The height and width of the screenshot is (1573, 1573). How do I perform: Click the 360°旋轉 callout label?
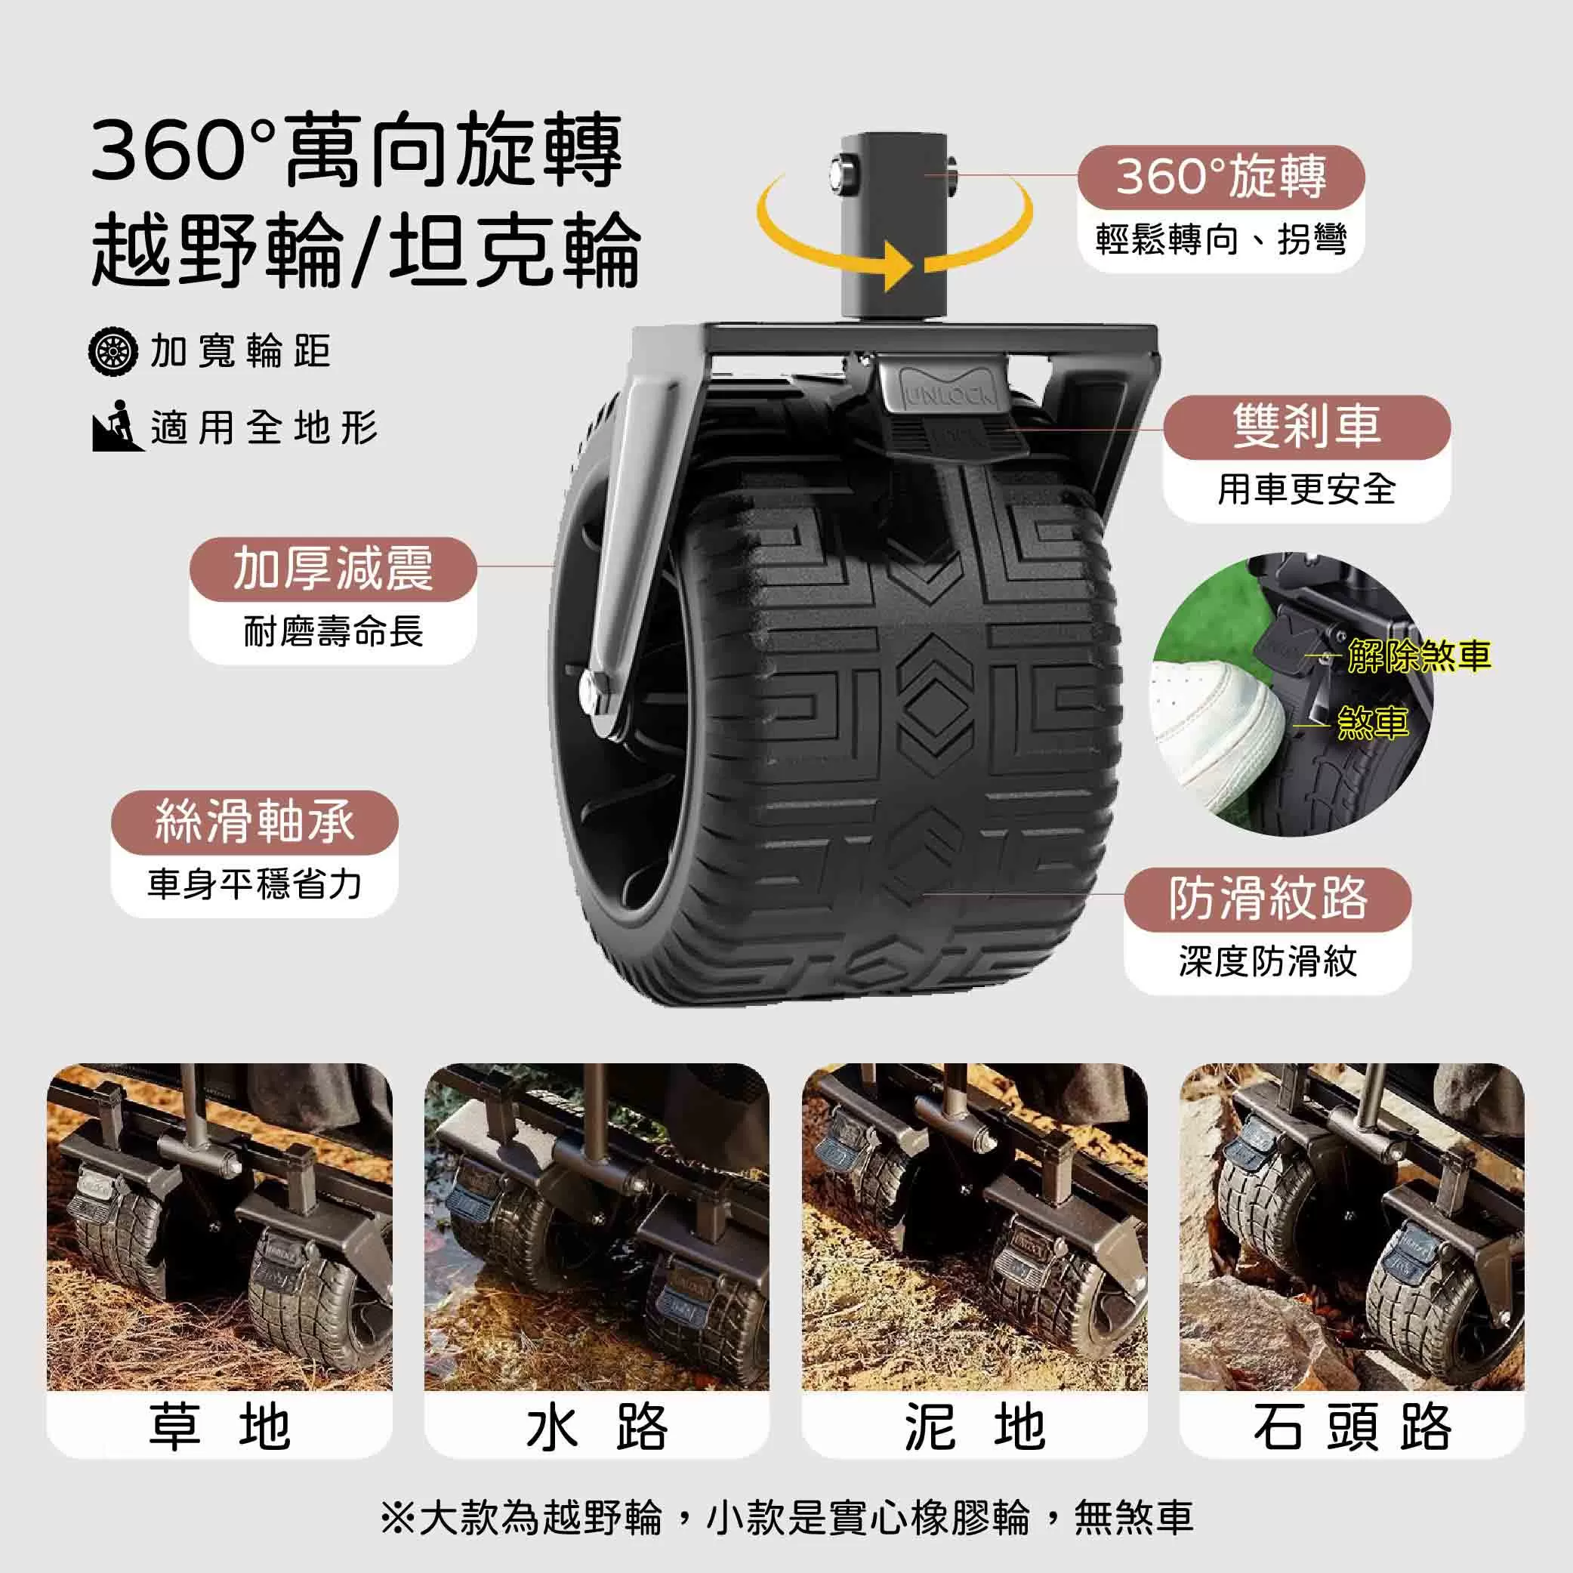point(1220,177)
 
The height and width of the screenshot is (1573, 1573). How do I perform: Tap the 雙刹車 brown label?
point(1306,427)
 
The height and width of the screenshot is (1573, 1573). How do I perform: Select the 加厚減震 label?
point(333,569)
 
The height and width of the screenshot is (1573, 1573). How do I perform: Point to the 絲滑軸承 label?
point(254,822)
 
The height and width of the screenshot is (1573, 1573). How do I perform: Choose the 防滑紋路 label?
point(1267,899)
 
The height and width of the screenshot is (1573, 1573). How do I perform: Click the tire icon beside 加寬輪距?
point(112,352)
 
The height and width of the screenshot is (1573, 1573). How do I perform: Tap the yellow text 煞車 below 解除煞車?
point(1373,723)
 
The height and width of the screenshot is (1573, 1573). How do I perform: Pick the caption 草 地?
point(219,1426)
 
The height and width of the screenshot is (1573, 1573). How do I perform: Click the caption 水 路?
point(597,1426)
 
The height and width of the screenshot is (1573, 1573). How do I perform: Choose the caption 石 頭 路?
point(1352,1426)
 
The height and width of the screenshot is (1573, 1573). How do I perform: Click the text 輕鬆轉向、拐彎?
point(1220,239)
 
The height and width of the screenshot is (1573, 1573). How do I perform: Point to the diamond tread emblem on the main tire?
point(936,705)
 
